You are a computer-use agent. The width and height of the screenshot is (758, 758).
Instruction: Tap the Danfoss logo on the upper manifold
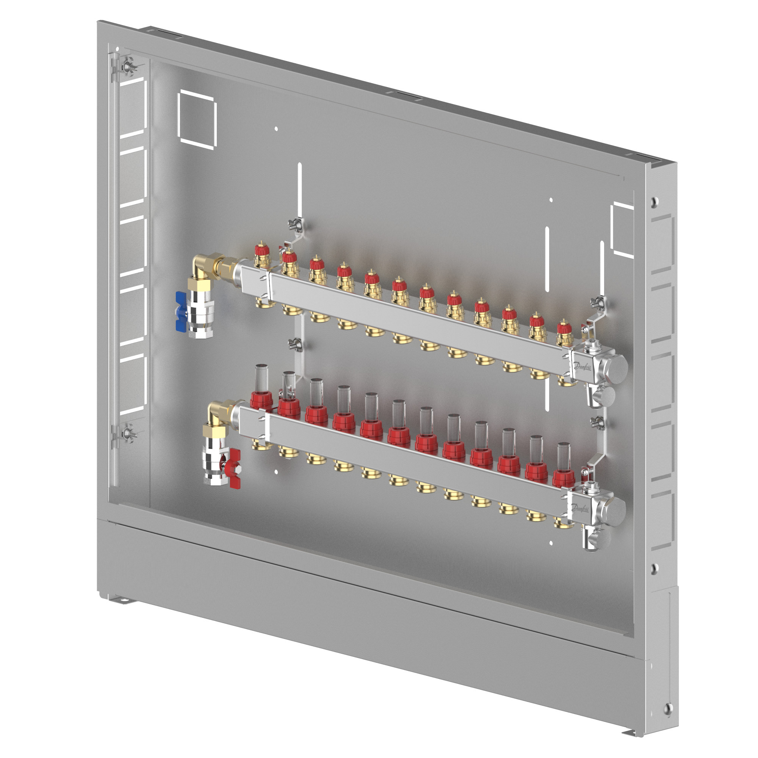pos(582,366)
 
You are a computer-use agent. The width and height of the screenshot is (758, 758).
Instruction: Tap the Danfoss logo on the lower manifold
pos(580,508)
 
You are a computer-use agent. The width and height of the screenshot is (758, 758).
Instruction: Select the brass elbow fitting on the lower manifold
pos(219,412)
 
